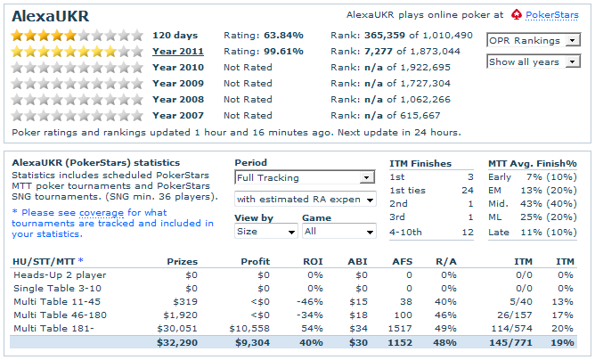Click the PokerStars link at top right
point(551,15)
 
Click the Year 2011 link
point(178,51)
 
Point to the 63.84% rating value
point(282,35)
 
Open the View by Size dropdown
point(265,231)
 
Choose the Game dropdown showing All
point(338,231)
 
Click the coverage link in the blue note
point(102,213)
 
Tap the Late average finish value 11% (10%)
point(549,231)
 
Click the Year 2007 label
point(178,115)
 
